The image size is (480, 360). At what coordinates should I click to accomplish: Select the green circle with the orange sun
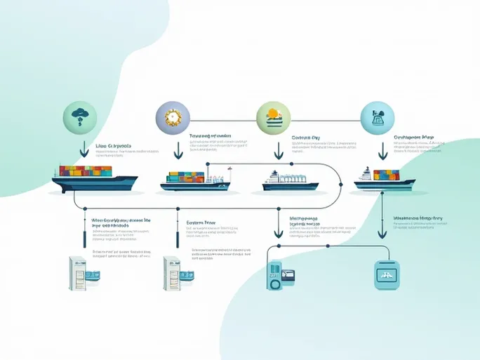pyautogui.click(x=272, y=116)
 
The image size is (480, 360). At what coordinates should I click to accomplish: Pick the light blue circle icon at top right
pyautogui.click(x=377, y=116)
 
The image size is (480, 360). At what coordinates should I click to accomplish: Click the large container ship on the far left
pyautogui.click(x=94, y=180)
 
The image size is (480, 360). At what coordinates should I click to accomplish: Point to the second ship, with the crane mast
pyautogui.click(x=195, y=180)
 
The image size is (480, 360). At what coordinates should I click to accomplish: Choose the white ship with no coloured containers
pyautogui.click(x=290, y=180)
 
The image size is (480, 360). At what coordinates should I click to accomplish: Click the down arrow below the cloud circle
pyautogui.click(x=84, y=149)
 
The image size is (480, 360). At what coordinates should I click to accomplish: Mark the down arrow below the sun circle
pyautogui.click(x=279, y=149)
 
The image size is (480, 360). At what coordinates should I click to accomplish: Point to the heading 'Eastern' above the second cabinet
pyautogui.click(x=201, y=222)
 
